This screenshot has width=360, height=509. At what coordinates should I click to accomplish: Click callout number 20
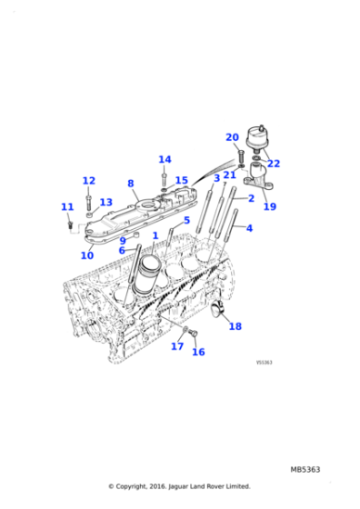pos(232,137)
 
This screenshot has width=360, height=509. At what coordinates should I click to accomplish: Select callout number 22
pos(274,164)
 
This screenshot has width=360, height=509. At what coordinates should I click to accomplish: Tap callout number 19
pos(270,206)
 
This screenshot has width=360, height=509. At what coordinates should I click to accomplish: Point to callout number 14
pos(165,160)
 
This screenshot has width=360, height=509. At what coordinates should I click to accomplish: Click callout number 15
pos(181,181)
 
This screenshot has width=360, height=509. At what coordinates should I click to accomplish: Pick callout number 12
pos(88,181)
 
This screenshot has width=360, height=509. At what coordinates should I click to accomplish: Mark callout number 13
pos(106,203)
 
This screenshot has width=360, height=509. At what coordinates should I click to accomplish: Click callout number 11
pos(66,207)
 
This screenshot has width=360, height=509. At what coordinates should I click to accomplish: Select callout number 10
pos(87,255)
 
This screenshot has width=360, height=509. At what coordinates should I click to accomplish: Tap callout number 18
pos(235,326)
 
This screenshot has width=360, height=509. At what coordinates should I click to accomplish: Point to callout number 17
pos(177,346)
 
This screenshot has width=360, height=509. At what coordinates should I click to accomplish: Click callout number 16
pos(198,352)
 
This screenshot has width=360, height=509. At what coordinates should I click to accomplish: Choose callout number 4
pos(249,228)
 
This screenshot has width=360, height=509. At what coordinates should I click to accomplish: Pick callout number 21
pos(230,175)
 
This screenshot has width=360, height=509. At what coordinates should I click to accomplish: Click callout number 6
pos(122,251)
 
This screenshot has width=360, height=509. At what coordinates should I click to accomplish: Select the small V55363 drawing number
pos(265,362)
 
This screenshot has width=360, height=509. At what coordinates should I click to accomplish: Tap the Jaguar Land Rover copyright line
pos(179,486)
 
